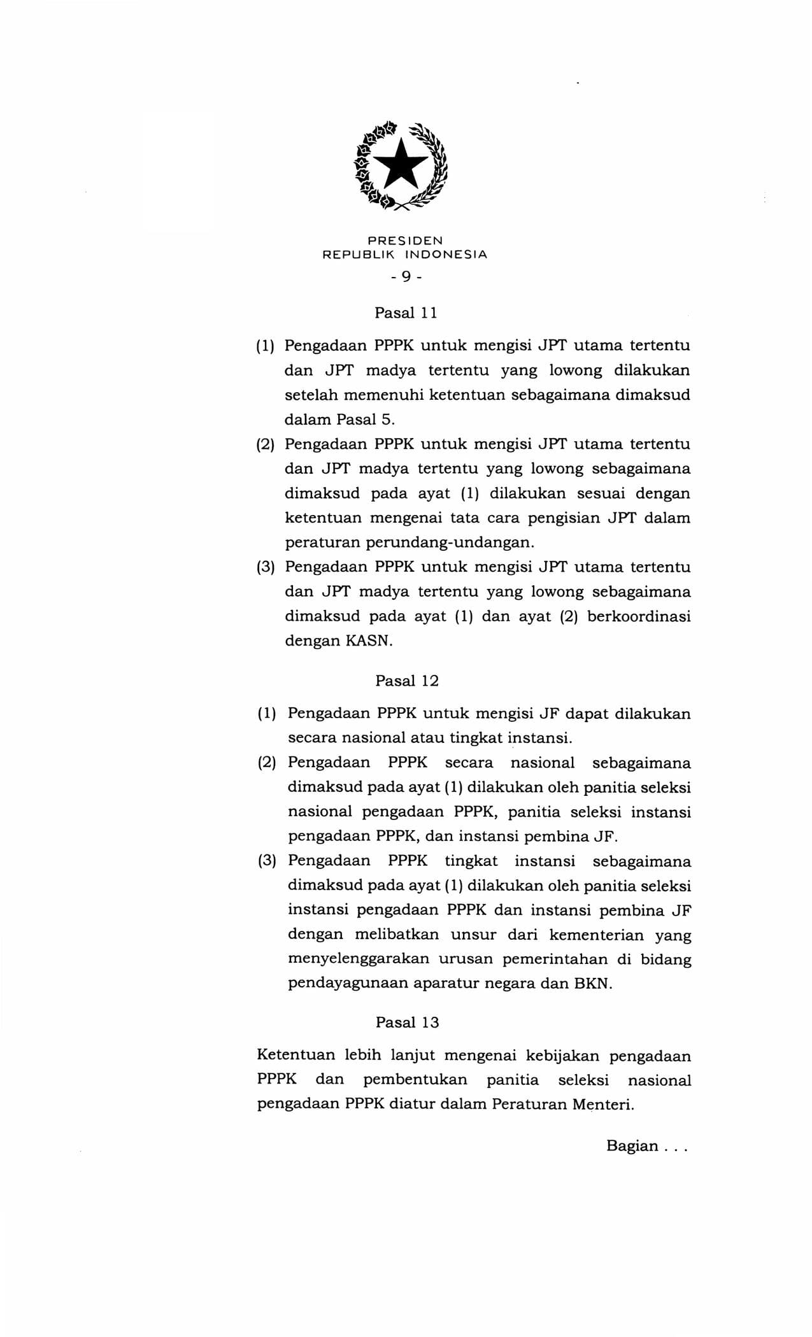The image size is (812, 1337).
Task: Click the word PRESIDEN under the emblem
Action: point(405,241)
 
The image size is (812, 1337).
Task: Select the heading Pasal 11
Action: point(406,313)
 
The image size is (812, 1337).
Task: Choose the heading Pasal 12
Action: point(407,681)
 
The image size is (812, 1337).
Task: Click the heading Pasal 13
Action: point(407,1022)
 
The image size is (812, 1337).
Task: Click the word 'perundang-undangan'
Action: point(448,542)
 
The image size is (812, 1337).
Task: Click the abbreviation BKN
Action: point(592,983)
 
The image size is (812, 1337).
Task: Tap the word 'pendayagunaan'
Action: point(346,983)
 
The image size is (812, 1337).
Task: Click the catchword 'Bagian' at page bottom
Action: point(632,1146)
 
